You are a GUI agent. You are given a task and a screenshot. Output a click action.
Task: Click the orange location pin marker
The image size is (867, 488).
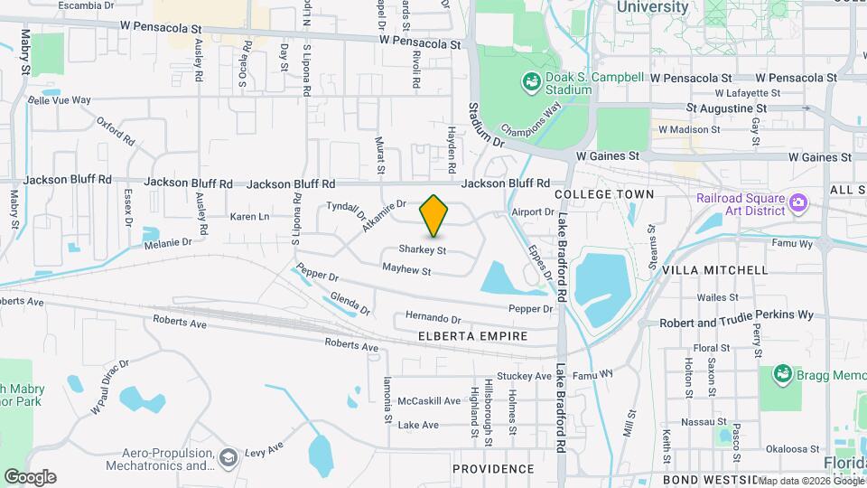pos(434,215)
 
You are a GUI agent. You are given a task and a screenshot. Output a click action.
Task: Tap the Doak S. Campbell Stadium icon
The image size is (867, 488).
pos(531,84)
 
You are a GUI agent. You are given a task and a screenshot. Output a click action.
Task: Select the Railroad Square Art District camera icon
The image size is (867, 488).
pos(797,202)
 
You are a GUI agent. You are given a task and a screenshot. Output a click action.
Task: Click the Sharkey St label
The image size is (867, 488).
pos(424,250)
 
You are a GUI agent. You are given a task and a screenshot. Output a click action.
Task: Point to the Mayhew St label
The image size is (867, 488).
pos(406,269)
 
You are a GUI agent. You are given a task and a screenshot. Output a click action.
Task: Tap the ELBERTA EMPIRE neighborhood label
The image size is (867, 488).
pos(473,336)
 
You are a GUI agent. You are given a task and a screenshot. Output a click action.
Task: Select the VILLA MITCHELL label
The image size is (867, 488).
pos(728,270)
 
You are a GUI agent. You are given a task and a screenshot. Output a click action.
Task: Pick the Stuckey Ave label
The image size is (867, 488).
pos(524,376)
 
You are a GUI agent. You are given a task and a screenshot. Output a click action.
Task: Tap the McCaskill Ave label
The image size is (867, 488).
pos(431,400)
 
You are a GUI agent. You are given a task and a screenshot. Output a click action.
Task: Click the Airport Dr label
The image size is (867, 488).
pos(532,211)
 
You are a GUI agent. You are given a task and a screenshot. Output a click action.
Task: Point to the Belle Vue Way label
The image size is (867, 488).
pos(60,100)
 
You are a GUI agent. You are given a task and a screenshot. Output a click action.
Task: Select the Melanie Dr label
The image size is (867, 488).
pos(168,242)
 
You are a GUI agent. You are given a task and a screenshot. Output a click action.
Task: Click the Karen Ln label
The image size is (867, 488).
pos(249,217)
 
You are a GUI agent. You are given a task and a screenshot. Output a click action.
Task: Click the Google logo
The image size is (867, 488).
pos(30,476)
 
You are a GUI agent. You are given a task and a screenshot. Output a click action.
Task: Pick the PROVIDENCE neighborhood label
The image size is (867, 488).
pos(493,469)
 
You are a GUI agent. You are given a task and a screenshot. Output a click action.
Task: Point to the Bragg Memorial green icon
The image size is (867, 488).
pos(782,373)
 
